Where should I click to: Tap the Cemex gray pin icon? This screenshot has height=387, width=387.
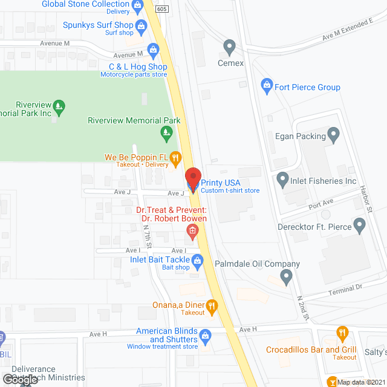(x=229, y=47)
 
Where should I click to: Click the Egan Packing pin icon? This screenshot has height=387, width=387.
(x=333, y=133)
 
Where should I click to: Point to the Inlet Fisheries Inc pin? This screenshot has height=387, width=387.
(x=282, y=179)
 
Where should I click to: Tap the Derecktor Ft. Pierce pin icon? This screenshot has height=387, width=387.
(x=360, y=226)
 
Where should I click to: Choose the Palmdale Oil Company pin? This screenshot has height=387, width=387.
(x=287, y=277)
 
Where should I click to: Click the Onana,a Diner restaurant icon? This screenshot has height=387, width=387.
(x=212, y=307)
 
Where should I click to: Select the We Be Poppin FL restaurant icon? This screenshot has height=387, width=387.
(x=175, y=158)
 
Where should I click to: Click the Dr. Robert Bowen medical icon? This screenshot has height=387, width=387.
(x=192, y=230)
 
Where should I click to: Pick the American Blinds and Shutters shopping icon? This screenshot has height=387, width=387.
(x=206, y=334)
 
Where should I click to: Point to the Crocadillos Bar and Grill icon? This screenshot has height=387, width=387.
(x=342, y=333)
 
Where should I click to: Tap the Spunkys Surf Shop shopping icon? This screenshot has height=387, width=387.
(x=141, y=25)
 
